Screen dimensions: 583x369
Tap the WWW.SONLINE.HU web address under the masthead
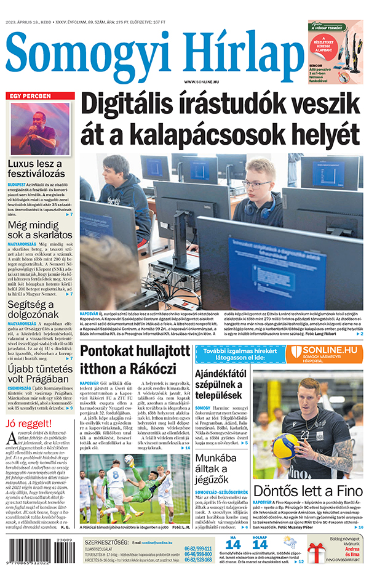[205, 82]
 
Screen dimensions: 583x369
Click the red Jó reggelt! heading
[28, 424]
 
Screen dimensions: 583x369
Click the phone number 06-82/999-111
[199, 548]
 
